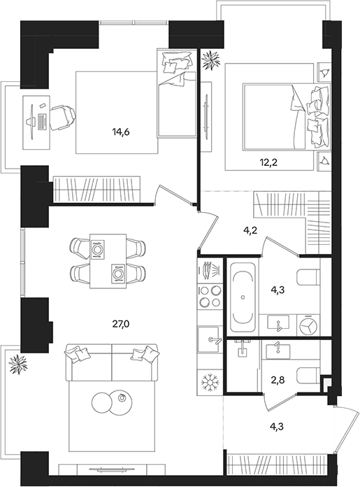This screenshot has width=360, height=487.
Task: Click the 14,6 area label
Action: (x=121, y=132)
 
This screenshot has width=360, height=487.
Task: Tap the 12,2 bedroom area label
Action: (x=268, y=162)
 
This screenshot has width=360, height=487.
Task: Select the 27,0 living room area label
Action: (x=121, y=325)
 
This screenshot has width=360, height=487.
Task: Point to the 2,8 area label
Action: (x=278, y=380)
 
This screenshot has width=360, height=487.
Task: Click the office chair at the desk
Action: (x=62, y=118)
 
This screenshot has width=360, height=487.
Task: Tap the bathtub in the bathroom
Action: (x=243, y=297)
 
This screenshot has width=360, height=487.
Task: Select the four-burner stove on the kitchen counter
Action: (x=210, y=297)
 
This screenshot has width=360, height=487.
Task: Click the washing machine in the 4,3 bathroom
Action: (x=309, y=325)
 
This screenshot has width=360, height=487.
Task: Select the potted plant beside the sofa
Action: (x=18, y=364)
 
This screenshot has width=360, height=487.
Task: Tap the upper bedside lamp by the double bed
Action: (x=325, y=73)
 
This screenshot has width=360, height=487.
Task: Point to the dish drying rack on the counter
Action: (x=210, y=269)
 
